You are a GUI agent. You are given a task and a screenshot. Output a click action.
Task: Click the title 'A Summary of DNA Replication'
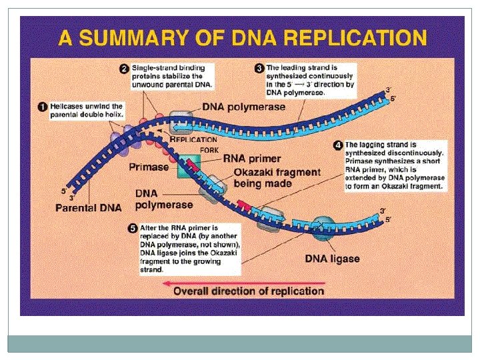coord(242,37)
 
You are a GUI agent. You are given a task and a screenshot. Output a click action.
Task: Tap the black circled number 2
coord(123,69)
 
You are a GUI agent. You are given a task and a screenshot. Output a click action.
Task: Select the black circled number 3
coord(259,68)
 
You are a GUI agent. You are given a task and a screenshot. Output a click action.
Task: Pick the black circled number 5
coord(132,228)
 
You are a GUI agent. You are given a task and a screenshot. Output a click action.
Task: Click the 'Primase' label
coord(148,167)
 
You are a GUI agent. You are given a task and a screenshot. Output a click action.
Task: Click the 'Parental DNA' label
coord(88,207)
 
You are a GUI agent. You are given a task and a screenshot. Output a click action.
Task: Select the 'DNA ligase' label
coord(332,259)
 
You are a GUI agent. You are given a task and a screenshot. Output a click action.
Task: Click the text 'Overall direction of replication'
coord(249,291)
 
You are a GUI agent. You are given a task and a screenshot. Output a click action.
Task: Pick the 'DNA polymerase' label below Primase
coord(164,199)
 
